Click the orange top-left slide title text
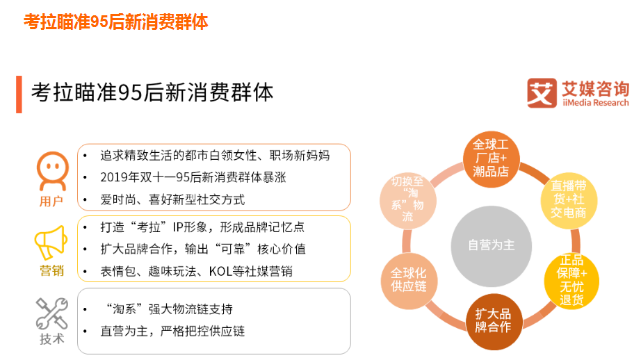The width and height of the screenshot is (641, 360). click(115, 22)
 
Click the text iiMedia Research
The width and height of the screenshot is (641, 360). click(595, 103)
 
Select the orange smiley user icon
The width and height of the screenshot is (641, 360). click(52, 170)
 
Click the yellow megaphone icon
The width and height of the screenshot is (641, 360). click(51, 243)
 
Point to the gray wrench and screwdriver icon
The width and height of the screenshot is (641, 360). click(51, 313)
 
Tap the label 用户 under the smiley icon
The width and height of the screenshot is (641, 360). click(51, 202)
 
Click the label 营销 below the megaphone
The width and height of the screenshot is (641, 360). click(51, 271)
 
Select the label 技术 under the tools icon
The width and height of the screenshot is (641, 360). click(51, 339)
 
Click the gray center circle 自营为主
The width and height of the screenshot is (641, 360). click(492, 245)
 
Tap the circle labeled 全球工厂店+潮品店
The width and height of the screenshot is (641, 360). click(491, 158)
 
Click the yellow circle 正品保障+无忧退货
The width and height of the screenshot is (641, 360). click(569, 281)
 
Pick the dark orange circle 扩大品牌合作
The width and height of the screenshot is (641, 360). click(493, 321)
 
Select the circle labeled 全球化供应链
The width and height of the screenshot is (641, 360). click(408, 279)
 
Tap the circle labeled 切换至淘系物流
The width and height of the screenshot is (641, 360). click(407, 199)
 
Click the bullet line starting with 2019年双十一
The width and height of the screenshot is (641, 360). click(193, 177)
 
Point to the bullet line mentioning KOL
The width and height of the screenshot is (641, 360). click(196, 271)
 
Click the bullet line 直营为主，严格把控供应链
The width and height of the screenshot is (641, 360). click(172, 331)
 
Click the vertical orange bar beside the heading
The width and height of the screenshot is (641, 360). click(19, 95)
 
